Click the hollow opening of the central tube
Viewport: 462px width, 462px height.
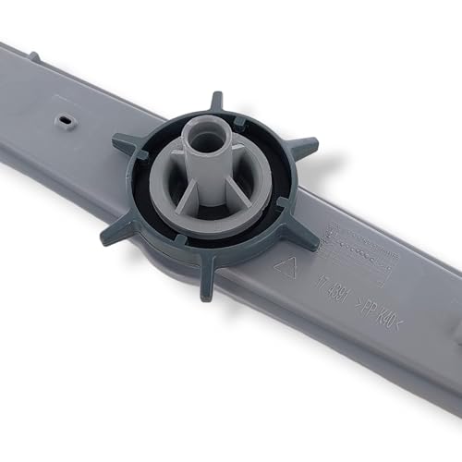click(x=205, y=136)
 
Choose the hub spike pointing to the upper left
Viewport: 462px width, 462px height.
click(x=125, y=143)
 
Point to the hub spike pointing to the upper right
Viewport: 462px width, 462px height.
click(x=303, y=148)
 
